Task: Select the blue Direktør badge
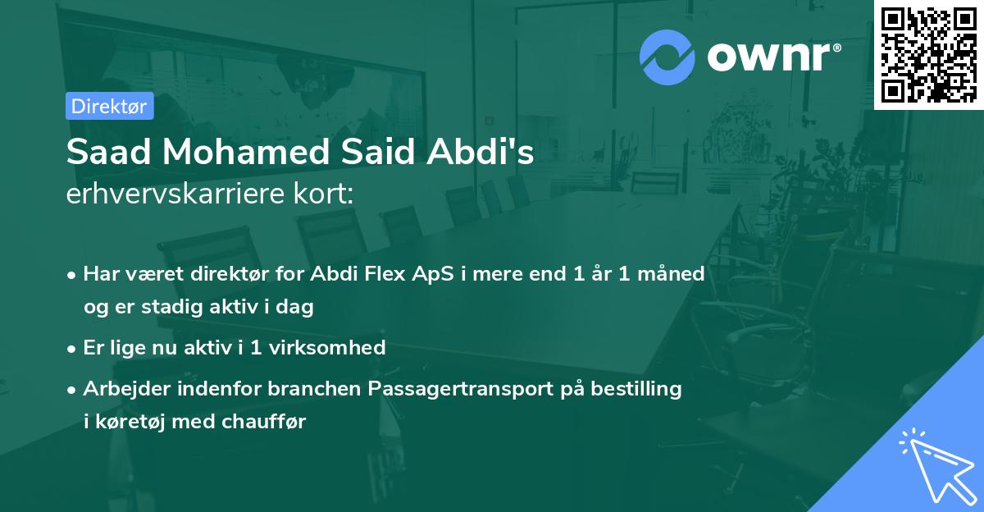coord(109,106)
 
